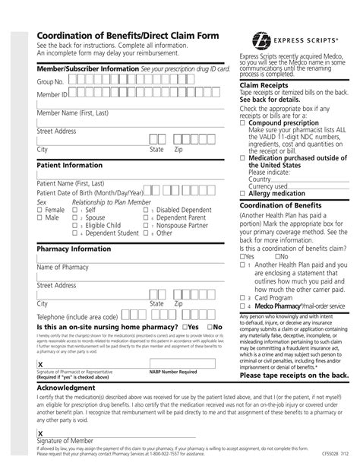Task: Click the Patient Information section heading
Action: click(70, 163)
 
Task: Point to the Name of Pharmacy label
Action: click(65, 268)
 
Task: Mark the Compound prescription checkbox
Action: click(243, 122)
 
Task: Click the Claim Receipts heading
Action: click(265, 86)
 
